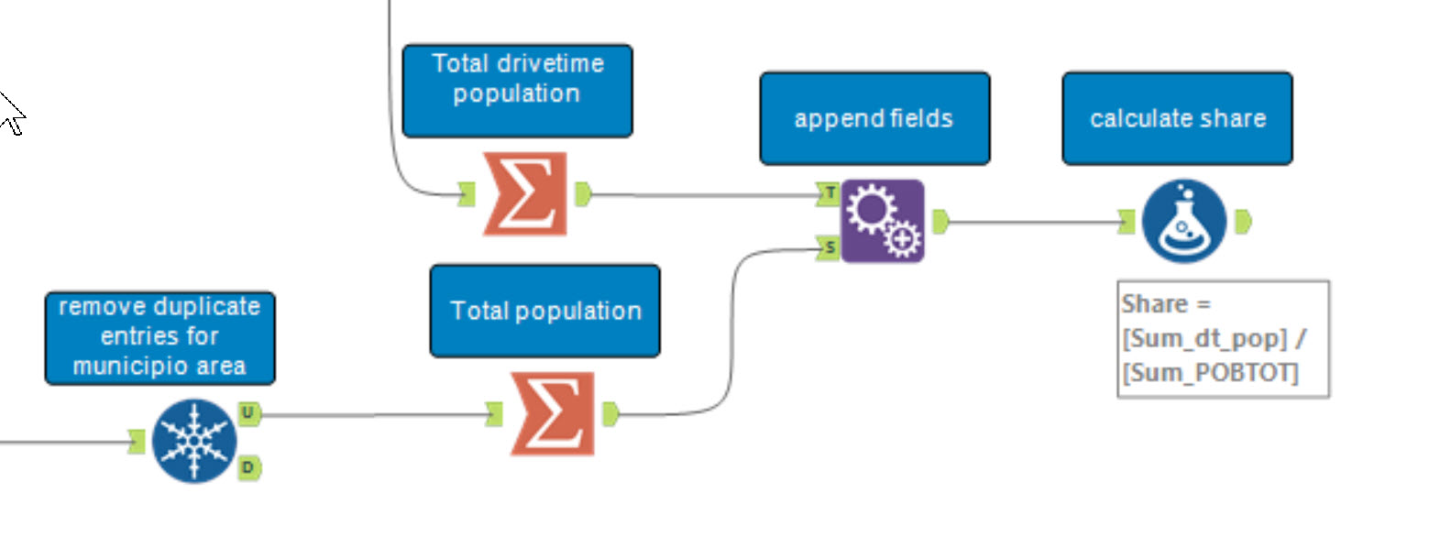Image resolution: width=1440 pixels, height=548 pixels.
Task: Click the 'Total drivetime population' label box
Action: click(517, 91)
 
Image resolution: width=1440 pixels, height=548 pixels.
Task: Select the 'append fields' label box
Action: click(874, 118)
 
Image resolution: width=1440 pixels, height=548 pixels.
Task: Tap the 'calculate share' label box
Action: click(1177, 118)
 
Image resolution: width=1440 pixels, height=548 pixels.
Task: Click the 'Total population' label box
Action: click(544, 311)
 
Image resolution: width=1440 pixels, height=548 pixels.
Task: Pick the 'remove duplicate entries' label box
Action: click(159, 337)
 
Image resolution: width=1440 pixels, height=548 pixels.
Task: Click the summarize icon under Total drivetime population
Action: click(525, 194)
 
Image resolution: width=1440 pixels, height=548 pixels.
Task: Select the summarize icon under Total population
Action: click(553, 414)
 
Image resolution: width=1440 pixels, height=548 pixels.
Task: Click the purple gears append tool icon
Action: click(883, 221)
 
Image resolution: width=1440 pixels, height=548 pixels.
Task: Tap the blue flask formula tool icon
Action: click(1184, 221)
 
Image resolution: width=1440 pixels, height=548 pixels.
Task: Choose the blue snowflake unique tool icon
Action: click(194, 441)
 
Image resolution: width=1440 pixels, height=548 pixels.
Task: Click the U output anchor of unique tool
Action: click(248, 413)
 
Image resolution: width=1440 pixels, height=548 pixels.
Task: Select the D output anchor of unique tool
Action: click(248, 468)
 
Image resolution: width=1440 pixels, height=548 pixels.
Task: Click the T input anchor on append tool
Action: click(830, 192)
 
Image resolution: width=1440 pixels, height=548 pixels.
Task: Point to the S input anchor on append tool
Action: click(830, 247)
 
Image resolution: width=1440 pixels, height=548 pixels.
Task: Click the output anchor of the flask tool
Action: click(1243, 221)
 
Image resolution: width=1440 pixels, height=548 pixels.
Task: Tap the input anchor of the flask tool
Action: click(1127, 221)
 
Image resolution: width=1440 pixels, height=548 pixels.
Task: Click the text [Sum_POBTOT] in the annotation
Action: click(1210, 373)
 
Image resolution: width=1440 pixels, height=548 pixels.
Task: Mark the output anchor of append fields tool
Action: click(940, 221)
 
